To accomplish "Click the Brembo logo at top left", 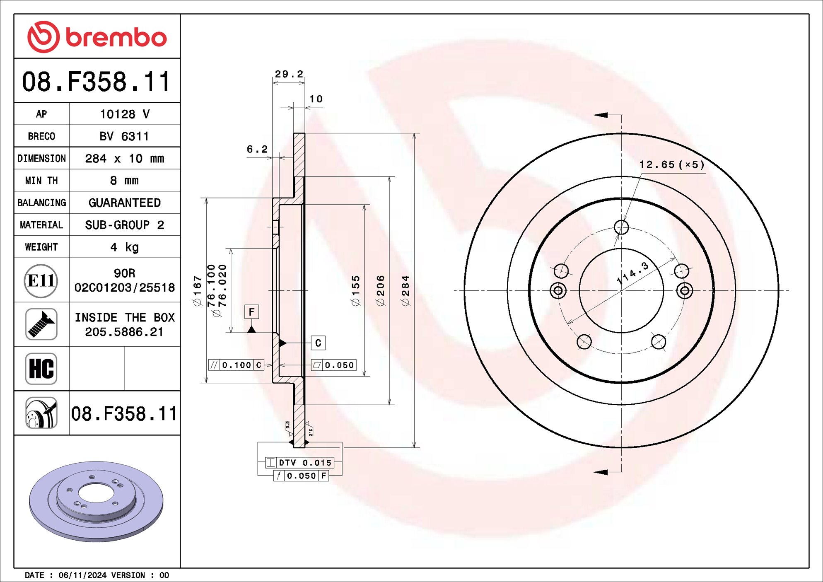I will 97,37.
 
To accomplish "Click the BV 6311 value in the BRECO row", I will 124,136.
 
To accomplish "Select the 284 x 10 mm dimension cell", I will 124,158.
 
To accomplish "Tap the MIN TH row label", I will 41,181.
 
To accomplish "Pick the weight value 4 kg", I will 124,247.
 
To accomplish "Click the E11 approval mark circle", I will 41,281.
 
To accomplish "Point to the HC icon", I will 41,369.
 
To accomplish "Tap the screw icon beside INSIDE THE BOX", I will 41,324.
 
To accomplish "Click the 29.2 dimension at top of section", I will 289,74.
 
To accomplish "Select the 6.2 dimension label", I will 257,149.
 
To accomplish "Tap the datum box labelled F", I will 251,312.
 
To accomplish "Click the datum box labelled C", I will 318,343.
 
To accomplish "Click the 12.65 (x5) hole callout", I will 671,165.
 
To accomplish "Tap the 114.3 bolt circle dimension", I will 632,273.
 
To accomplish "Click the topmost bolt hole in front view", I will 621,227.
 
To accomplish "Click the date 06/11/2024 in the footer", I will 82,575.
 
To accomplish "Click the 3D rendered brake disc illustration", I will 96,501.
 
